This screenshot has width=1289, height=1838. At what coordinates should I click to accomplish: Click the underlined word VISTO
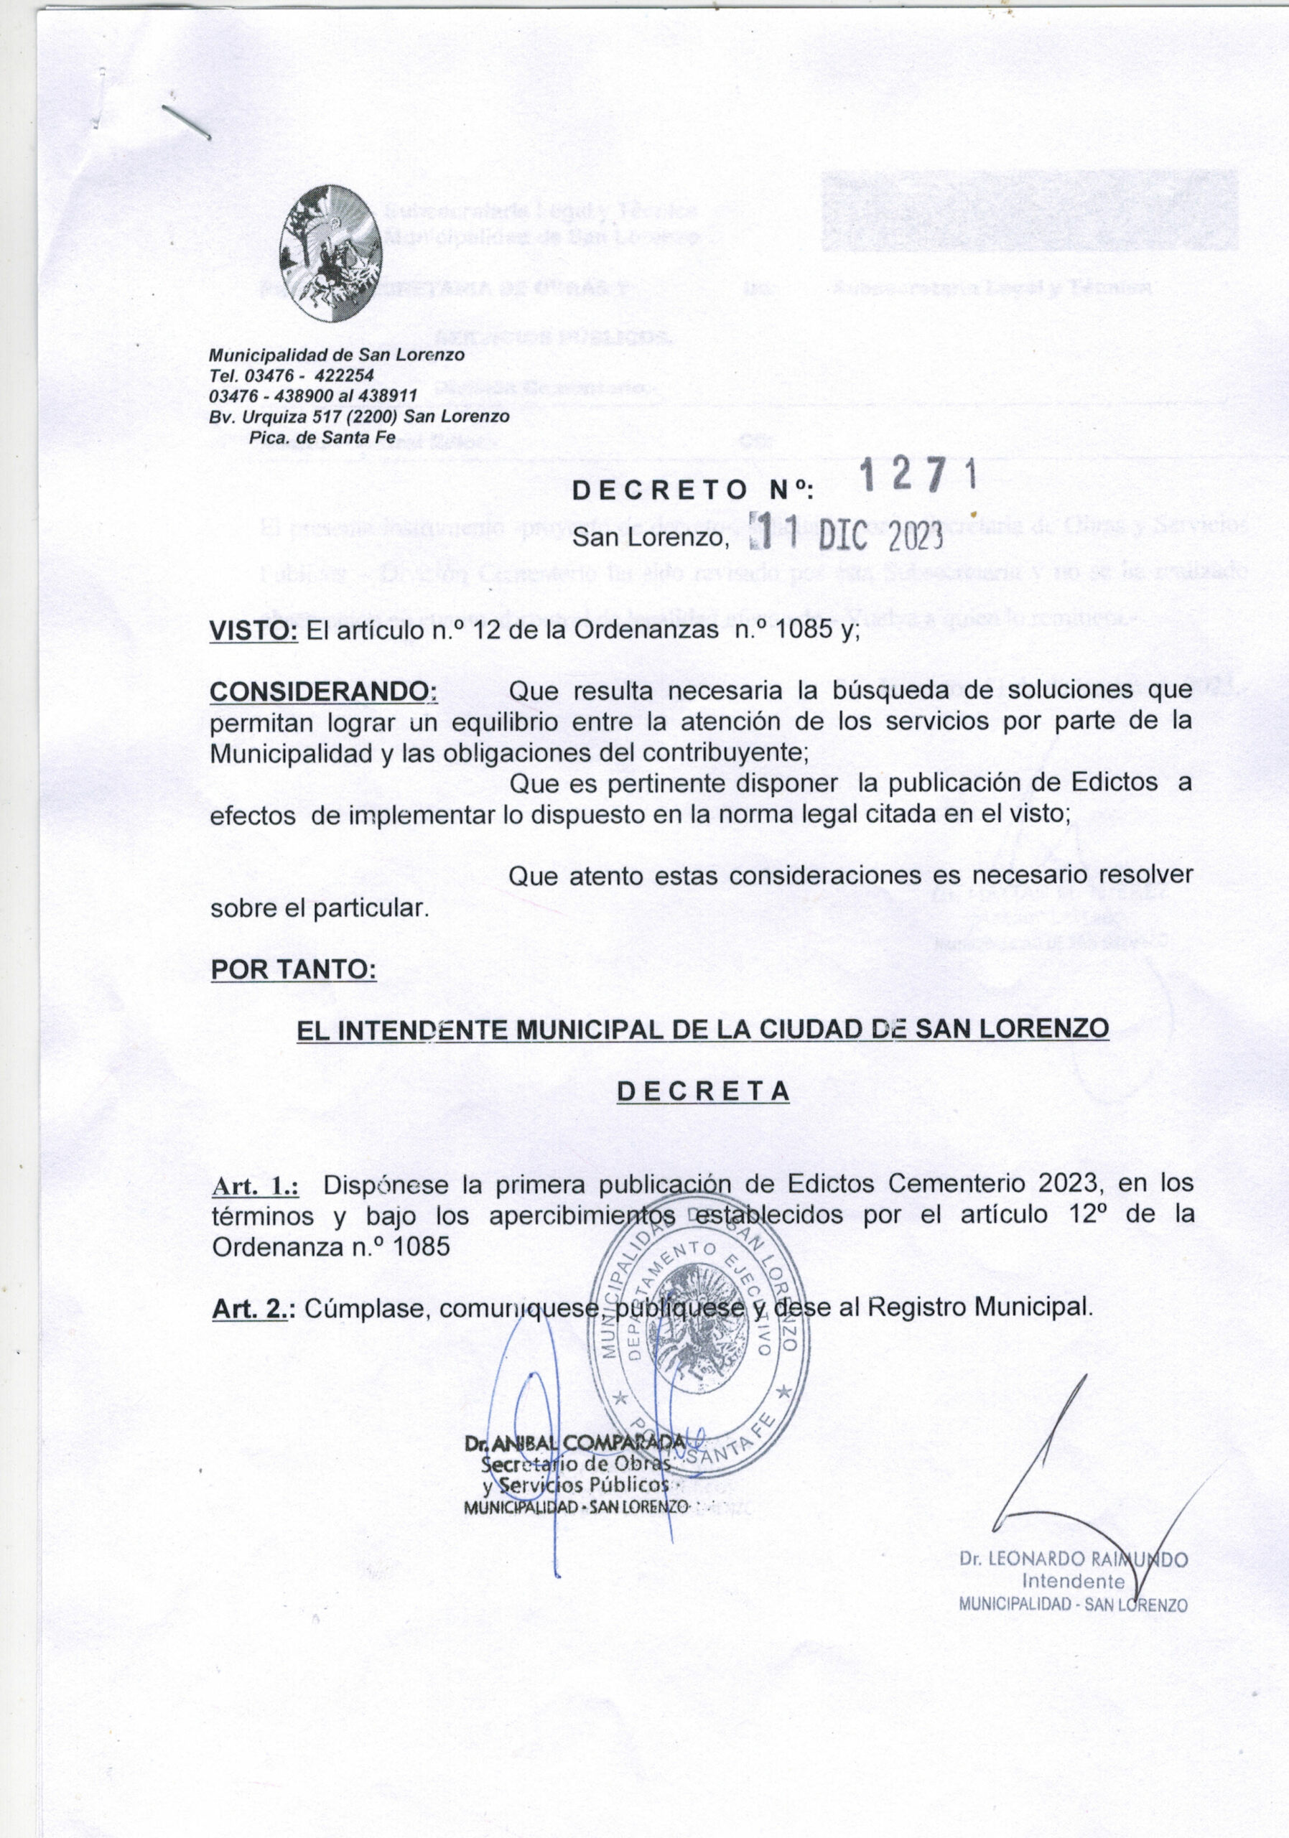pos(253,631)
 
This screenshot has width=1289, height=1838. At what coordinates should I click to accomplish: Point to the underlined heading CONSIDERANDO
pos(322,689)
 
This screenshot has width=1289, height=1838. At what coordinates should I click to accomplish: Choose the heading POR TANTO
pos(293,969)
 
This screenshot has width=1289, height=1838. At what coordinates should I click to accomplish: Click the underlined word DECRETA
pos(704,1092)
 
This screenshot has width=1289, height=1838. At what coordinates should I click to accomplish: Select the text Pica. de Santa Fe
pos(311,437)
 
